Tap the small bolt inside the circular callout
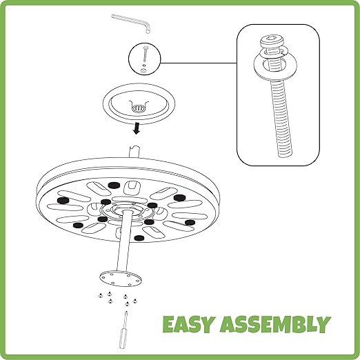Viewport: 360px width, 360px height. click(145, 54)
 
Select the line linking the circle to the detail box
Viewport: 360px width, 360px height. click(199, 63)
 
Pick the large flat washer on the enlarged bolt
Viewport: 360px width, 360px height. click(275, 66)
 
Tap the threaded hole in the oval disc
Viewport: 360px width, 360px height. click(137, 108)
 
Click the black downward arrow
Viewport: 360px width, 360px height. click(137, 128)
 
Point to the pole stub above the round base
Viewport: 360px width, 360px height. click(134, 152)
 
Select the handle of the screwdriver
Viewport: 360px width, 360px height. click(123, 339)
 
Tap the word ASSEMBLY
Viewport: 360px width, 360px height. click(275, 324)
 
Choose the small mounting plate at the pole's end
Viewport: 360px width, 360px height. click(121, 279)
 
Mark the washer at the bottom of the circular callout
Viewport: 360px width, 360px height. click(143, 71)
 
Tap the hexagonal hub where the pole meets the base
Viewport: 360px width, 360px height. click(126, 210)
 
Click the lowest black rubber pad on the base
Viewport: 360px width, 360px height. click(139, 238)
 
